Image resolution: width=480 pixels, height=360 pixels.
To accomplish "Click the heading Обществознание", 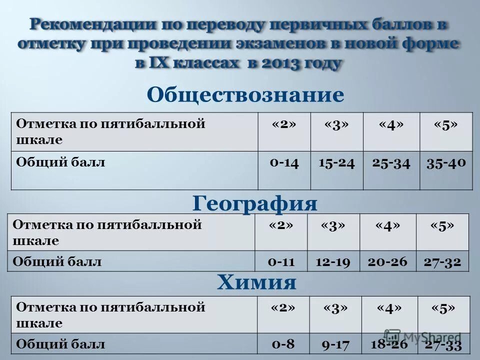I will (x=245, y=94).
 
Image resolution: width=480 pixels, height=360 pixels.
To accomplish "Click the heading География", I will (x=254, y=203).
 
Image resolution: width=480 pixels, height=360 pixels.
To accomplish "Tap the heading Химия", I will (x=256, y=283).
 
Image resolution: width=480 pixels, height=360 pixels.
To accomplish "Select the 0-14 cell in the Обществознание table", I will (x=284, y=162).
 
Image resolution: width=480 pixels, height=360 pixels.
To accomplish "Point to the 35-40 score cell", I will (x=446, y=162).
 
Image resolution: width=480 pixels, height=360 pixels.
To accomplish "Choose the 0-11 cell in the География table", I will (x=280, y=261).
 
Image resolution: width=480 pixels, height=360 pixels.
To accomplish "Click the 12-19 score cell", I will (x=332, y=261).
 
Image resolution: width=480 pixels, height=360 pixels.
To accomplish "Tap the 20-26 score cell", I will (x=388, y=261).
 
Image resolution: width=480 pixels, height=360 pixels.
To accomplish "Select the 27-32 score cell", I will (x=442, y=261).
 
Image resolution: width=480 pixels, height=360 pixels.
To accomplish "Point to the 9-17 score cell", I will (x=335, y=344).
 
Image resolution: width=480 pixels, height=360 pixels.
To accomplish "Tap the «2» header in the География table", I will (x=280, y=225).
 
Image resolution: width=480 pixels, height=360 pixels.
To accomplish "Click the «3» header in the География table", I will (x=333, y=225).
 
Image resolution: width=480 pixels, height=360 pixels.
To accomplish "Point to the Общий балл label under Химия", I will (x=61, y=344).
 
